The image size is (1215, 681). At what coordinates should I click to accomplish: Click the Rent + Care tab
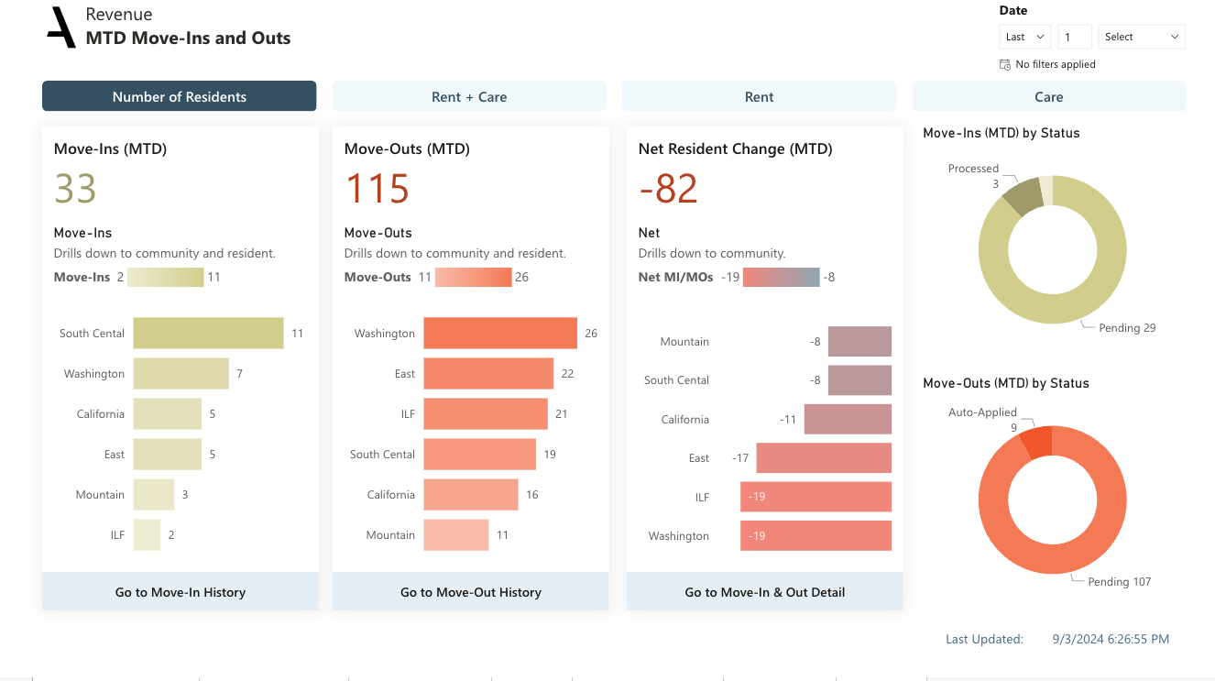coord(469,96)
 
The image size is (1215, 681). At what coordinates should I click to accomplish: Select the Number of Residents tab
coord(180,96)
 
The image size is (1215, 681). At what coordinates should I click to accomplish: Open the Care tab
coord(1048,96)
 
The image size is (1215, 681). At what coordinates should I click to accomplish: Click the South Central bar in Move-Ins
coord(208,334)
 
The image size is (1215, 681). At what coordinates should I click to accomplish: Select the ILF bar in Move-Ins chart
coord(147,535)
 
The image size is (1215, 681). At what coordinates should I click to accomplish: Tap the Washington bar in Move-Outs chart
coord(499,334)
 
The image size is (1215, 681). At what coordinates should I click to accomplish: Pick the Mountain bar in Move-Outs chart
coord(455,535)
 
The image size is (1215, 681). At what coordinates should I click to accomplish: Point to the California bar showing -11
coord(848,420)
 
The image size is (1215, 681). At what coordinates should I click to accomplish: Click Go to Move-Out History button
coord(471,592)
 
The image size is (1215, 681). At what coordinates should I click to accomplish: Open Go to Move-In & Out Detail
coord(765,592)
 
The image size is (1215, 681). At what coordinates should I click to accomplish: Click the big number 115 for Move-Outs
coord(377,189)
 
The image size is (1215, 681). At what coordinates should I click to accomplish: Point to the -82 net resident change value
coord(668,189)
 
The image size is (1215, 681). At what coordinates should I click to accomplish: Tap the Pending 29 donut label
coord(1127,328)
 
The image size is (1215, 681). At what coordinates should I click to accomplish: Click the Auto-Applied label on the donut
coord(982,412)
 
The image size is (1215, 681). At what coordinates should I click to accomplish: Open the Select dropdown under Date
coord(1141,37)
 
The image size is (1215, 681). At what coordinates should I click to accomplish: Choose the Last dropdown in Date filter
coord(1024,37)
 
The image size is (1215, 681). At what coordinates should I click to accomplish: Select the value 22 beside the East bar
coord(567,374)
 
